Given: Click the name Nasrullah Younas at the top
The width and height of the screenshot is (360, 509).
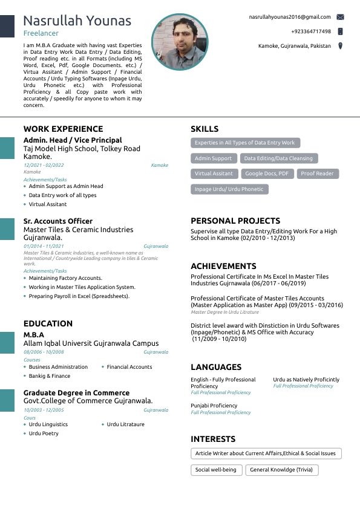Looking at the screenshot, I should (x=77, y=21).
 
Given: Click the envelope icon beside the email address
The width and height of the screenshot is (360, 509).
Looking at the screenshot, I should (x=341, y=17).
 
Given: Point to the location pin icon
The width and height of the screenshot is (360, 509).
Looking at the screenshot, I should (x=341, y=46).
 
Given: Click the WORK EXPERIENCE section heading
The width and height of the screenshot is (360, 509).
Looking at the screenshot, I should (x=63, y=129).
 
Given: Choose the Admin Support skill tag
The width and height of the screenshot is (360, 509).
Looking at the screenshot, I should (x=213, y=158).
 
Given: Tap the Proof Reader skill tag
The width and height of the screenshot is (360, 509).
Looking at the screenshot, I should (x=317, y=173).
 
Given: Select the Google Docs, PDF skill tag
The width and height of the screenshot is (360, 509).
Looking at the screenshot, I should (x=267, y=173).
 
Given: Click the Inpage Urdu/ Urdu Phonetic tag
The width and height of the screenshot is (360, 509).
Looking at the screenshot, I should (x=229, y=189).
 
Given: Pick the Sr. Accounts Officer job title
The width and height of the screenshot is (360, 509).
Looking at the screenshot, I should (x=58, y=221).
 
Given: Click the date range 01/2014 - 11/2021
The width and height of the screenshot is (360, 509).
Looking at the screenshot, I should (x=44, y=247).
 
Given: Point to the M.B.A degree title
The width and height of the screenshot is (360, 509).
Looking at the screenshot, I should (x=34, y=335).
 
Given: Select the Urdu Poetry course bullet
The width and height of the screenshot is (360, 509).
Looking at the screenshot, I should (x=44, y=433).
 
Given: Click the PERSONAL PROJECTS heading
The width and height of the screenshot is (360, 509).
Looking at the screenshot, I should (x=235, y=221).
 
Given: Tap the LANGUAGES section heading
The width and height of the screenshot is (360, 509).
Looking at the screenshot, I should (x=216, y=367).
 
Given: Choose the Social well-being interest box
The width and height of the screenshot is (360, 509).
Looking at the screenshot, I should (x=216, y=470).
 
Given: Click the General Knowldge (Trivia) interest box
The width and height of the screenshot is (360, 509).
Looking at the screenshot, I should (x=281, y=470).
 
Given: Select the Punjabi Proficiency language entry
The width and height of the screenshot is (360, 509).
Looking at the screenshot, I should (x=214, y=406).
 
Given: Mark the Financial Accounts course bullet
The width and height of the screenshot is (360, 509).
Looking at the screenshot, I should (x=129, y=367).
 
